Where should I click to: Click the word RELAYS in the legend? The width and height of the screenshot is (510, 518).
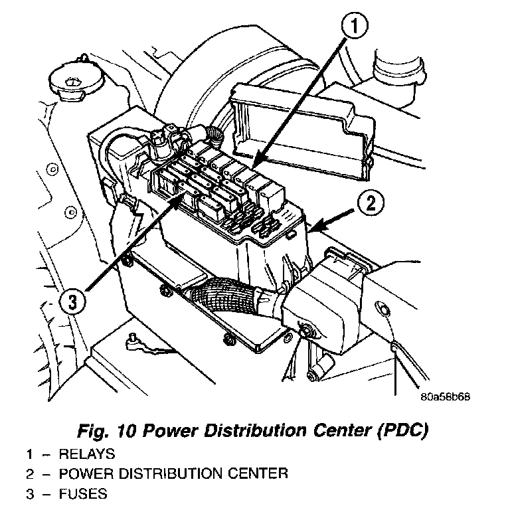88,455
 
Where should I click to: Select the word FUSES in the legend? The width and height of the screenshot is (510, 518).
83,494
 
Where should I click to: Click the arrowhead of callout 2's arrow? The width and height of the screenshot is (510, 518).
313,228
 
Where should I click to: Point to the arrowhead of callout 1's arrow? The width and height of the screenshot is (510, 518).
255,163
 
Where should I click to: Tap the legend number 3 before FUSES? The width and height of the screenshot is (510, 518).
29,494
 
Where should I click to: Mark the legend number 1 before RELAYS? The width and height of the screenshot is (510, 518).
29,455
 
